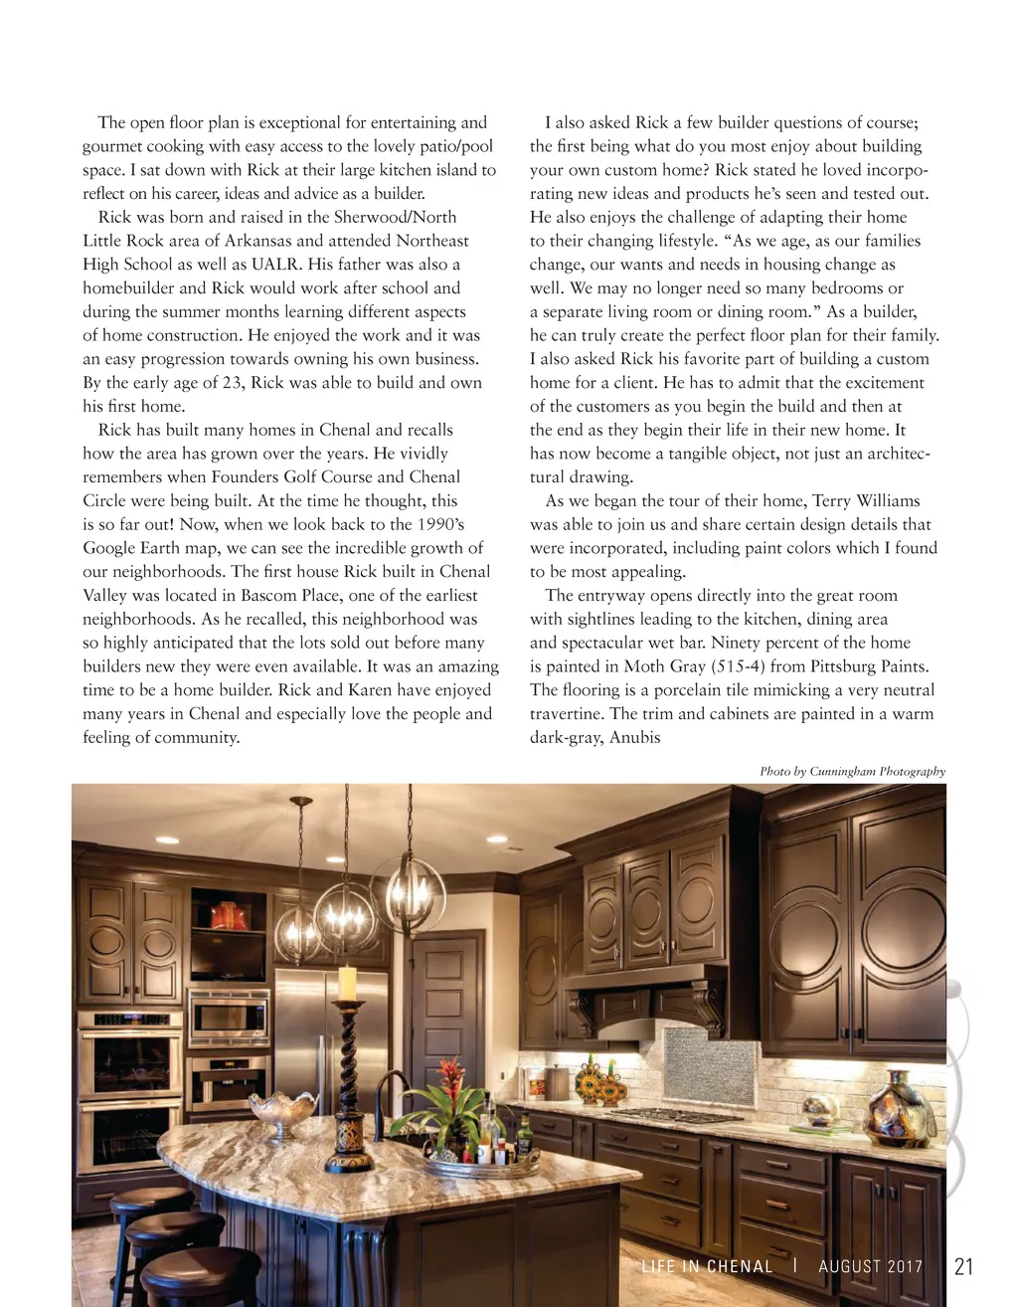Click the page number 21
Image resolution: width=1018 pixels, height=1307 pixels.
[x=963, y=1266]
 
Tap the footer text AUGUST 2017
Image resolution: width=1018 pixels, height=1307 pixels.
[x=871, y=1266]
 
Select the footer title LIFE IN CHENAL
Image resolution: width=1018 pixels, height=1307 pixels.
[x=707, y=1266]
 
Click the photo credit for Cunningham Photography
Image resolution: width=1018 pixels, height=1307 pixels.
[x=852, y=771]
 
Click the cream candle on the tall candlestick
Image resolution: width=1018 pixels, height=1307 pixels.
[x=348, y=983]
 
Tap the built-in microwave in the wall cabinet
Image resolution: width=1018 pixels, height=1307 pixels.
[x=230, y=1017]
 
